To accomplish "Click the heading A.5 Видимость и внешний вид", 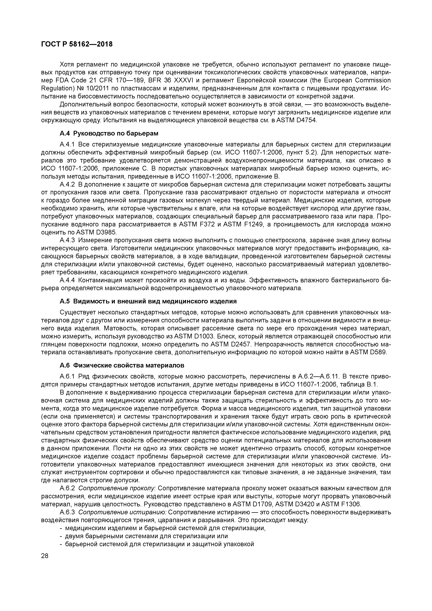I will [x=148, y=301].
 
